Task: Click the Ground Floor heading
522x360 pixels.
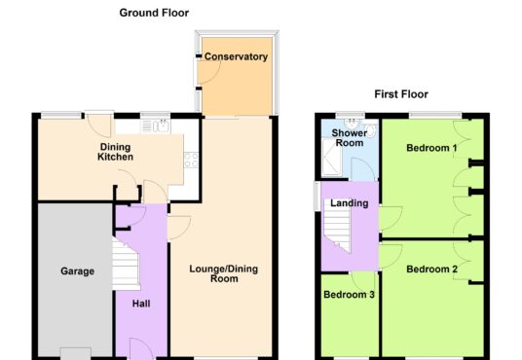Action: coord(154,13)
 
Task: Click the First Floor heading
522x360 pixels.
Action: coord(401,94)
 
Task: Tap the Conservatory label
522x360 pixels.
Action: coord(236,56)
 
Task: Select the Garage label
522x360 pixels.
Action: coord(77,271)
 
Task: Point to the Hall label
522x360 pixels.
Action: coord(141,304)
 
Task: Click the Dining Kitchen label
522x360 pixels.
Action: coord(115,152)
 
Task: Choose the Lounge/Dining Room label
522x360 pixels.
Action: coord(224,273)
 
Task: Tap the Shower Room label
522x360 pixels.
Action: coord(350,138)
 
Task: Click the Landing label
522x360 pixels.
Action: coord(350,203)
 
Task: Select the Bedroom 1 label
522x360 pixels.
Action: coord(431,148)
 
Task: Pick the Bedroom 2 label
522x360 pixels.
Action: coord(431,269)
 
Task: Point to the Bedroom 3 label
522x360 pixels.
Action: coord(349,295)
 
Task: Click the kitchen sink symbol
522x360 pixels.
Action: coord(156,126)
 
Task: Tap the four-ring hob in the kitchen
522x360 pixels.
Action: coord(191,160)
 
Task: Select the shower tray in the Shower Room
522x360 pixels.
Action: coord(331,157)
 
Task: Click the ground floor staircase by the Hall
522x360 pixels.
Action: coord(126,264)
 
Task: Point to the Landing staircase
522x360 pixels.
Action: coord(337,230)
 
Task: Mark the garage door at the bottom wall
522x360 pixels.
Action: coord(76,352)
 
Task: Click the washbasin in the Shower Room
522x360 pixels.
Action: coord(351,125)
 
